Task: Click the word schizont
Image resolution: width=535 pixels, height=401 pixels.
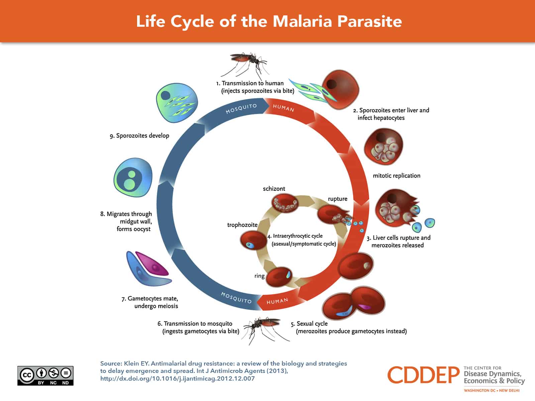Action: point(274,189)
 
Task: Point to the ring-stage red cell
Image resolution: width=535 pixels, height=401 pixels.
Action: point(280,276)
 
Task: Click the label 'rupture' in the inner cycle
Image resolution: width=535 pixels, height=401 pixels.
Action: point(337,199)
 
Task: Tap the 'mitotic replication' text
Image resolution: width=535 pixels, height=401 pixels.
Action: point(397,176)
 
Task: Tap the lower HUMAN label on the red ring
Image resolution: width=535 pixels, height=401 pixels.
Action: point(277,301)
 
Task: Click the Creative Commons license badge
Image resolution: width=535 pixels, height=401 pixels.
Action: point(45,376)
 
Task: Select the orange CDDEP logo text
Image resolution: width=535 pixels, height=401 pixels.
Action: point(424,375)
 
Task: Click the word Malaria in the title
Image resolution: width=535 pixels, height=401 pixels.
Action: point(302,21)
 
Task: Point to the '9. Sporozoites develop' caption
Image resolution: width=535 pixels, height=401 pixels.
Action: point(139,136)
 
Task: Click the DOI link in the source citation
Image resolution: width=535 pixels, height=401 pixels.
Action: point(177,379)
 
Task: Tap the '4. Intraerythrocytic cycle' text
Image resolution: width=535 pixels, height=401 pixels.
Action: point(297,236)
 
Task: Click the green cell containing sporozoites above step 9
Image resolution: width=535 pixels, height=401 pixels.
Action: point(177,103)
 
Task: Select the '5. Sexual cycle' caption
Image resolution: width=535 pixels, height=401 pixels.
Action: point(309,323)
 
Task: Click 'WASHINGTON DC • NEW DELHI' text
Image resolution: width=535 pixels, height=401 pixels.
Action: point(492,390)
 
